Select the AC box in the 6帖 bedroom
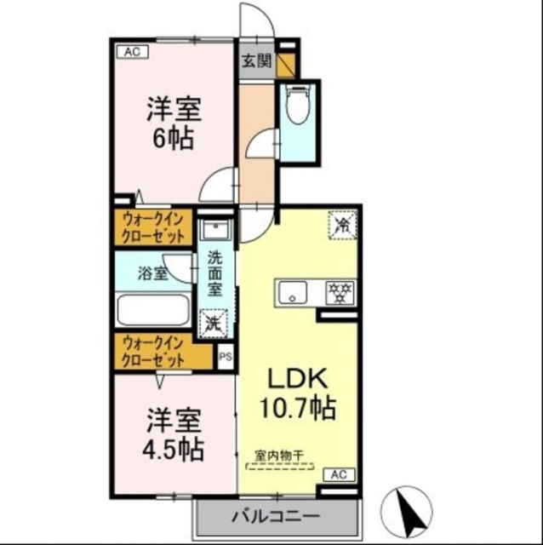tap(132, 52)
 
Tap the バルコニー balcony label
tap(274, 516)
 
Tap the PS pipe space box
tap(226, 359)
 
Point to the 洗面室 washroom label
tap(216, 272)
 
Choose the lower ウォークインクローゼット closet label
tap(155, 352)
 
